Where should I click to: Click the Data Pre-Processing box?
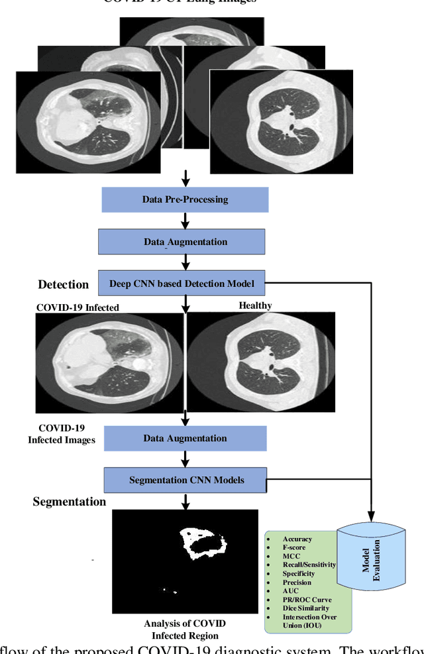pyautogui.click(x=185, y=199)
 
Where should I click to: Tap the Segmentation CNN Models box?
pyautogui.click(x=185, y=480)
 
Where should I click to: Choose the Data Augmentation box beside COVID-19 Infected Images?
pyautogui.click(x=185, y=438)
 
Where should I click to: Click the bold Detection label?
pyautogui.click(x=63, y=284)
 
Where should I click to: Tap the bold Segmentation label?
pyautogui.click(x=70, y=502)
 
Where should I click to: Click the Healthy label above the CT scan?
pyautogui.click(x=255, y=305)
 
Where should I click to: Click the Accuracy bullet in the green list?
pyautogui.click(x=297, y=539)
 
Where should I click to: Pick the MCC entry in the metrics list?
pyautogui.click(x=291, y=556)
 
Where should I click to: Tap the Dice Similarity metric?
pyautogui.click(x=305, y=608)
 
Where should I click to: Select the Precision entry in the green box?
pyautogui.click(x=297, y=582)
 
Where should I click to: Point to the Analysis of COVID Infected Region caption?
pyautogui.click(x=185, y=628)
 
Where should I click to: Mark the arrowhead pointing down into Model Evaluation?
pyautogui.click(x=371, y=516)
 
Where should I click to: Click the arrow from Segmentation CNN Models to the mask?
pyautogui.click(x=185, y=501)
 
